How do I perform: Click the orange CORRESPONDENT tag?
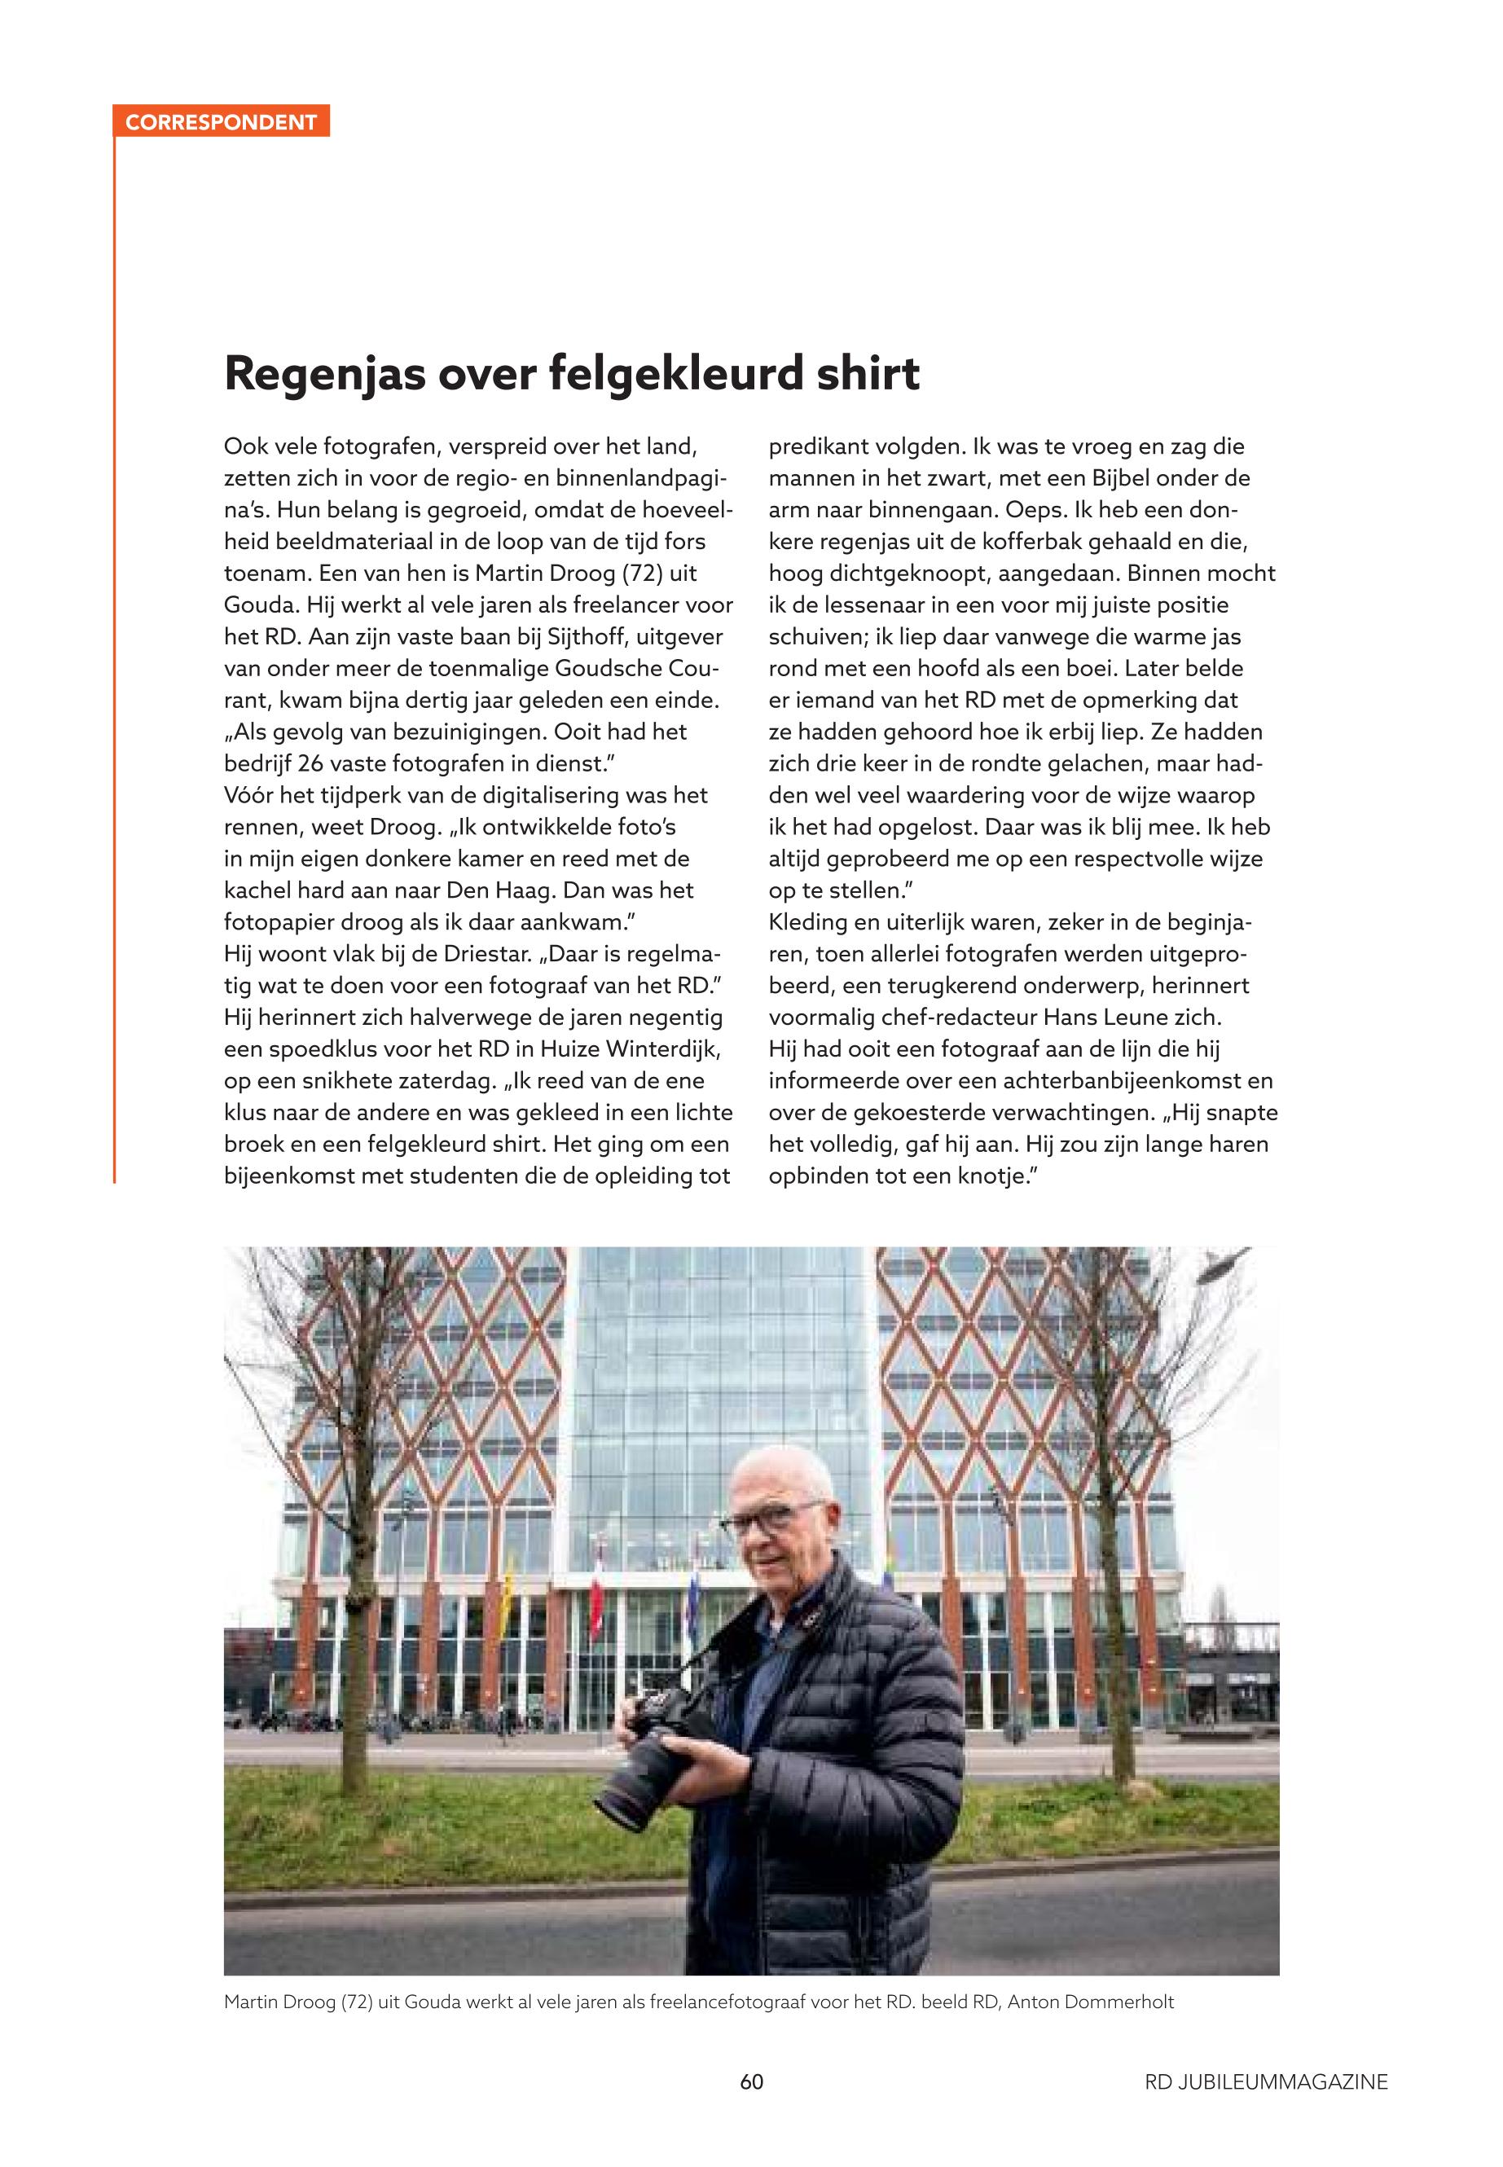[221, 122]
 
